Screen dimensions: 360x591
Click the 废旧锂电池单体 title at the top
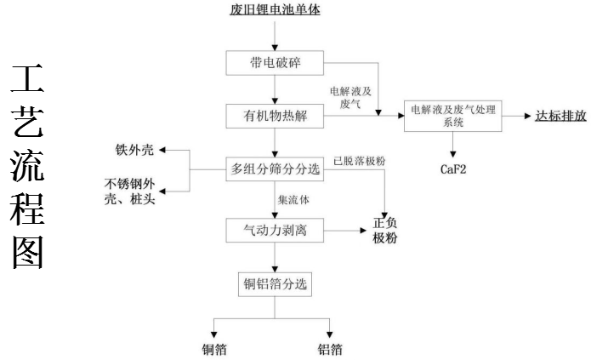click(x=276, y=11)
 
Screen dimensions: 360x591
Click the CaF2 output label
click(x=452, y=169)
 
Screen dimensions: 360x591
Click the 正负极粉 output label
click(x=384, y=231)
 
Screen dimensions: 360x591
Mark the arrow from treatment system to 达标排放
click(x=514, y=117)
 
